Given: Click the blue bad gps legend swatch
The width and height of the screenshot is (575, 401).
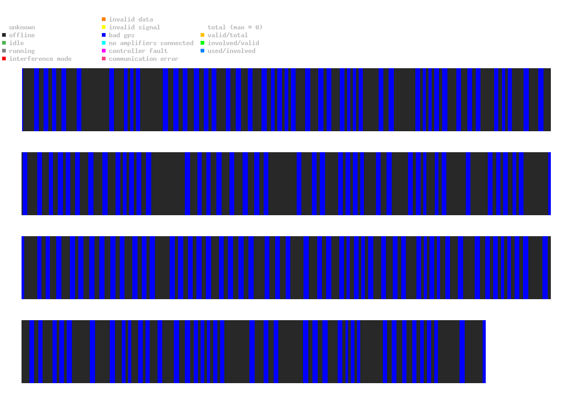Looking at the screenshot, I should (104, 35).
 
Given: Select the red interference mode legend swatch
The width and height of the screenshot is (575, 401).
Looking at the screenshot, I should (4, 59).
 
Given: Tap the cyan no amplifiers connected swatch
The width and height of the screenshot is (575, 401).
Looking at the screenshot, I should (104, 43).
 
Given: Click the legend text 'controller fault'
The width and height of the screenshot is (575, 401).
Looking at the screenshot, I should (138, 51).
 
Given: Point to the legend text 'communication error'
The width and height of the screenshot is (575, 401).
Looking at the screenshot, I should (143, 59).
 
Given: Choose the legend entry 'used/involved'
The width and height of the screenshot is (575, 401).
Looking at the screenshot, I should (232, 51).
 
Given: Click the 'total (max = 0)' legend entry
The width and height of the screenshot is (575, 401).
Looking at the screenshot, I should (235, 27).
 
